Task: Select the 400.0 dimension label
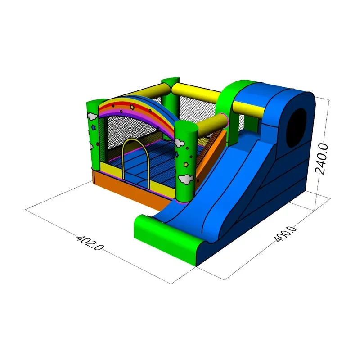coord(285,234)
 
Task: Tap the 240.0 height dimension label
coord(321,159)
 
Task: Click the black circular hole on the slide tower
coord(297,128)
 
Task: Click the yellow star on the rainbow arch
coord(132,107)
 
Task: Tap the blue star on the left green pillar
coord(93,127)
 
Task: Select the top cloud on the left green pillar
coord(92,116)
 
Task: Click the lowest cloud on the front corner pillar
coord(186,179)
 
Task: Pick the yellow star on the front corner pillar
coord(185,164)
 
